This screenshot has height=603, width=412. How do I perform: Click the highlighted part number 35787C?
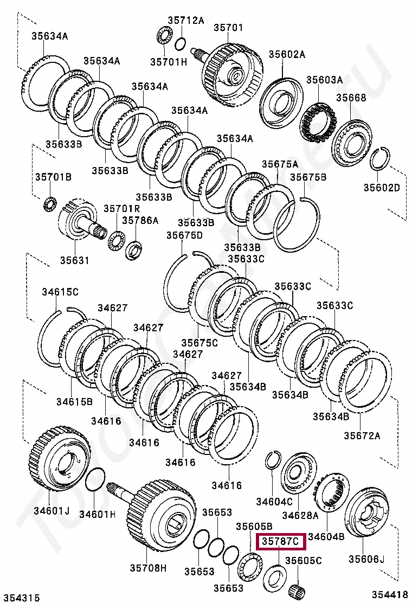[281, 541]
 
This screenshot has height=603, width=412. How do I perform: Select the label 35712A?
[185, 21]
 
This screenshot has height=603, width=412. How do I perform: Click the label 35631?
[74, 260]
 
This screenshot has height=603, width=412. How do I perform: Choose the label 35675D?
[184, 235]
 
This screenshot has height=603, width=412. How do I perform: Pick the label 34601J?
[51, 510]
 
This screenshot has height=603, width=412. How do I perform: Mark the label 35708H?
[147, 568]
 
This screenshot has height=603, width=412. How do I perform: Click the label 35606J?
[366, 559]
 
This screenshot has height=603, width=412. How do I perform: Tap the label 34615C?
[60, 292]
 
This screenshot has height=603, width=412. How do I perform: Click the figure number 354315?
[20, 598]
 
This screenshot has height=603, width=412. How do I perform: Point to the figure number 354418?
[389, 595]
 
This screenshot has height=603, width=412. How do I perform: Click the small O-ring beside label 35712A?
[181, 42]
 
